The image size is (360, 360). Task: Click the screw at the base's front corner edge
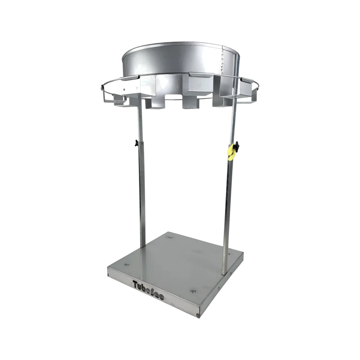198,316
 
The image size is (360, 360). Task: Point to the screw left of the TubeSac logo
109,276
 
